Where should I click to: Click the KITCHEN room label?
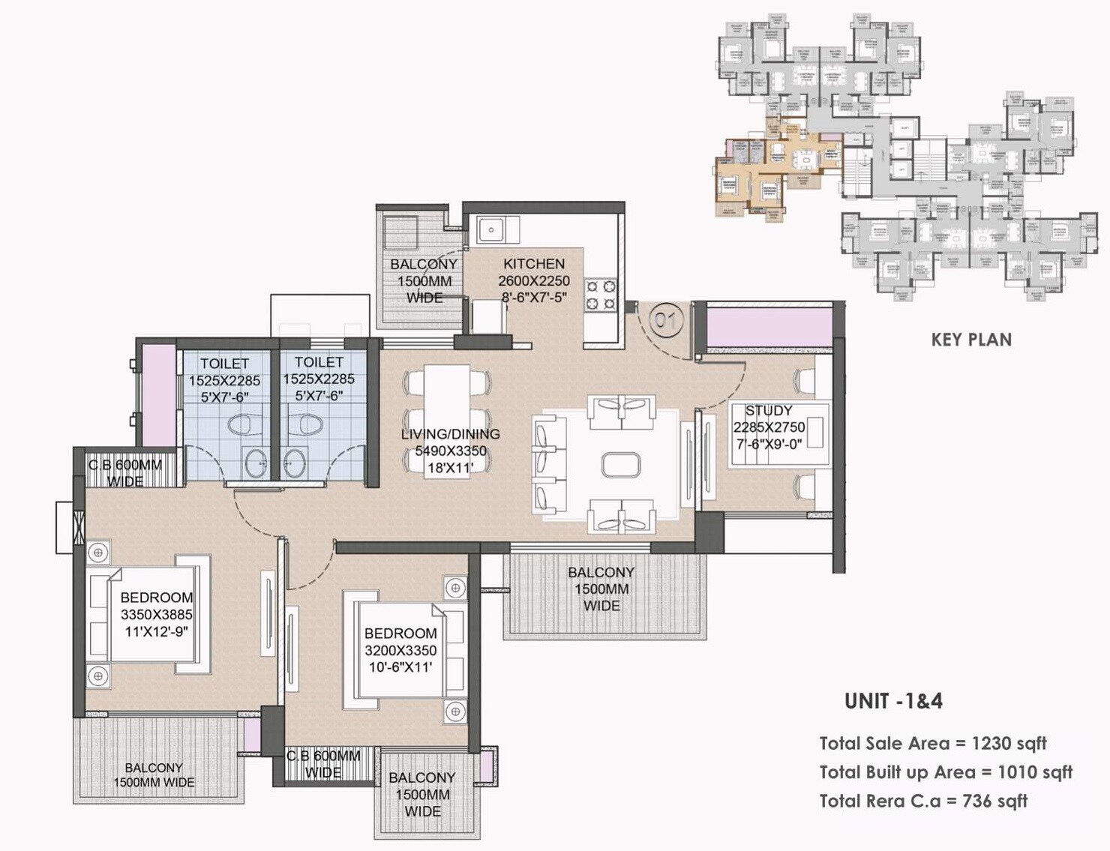point(533,264)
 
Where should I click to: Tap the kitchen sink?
point(492,229)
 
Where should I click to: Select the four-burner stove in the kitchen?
point(601,295)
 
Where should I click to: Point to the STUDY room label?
point(768,411)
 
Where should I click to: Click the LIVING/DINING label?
point(450,434)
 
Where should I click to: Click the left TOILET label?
point(224,363)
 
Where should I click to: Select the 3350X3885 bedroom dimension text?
point(156,615)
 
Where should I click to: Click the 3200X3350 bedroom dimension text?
point(400,651)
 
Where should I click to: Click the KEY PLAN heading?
point(971,340)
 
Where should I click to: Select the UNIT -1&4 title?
point(893,701)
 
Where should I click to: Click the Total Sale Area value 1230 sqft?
point(1009,744)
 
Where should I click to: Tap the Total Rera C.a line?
point(923,801)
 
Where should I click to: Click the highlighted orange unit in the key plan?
point(772,169)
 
